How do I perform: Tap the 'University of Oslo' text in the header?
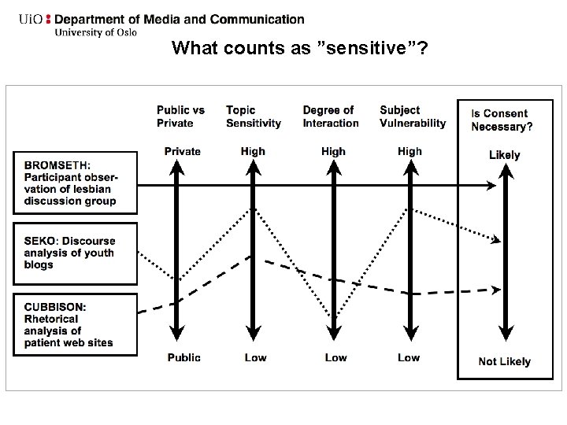point(95,32)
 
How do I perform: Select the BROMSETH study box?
point(75,183)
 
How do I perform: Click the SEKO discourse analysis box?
point(75,253)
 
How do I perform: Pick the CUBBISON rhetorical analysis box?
point(75,324)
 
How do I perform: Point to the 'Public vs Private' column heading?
point(180,116)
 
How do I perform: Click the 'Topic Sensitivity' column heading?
point(253,116)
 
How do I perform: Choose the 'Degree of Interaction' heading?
point(330,116)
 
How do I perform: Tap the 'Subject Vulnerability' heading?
point(412,116)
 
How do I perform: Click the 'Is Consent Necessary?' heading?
point(502,120)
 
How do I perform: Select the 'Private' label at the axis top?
point(182,151)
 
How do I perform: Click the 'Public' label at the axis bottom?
point(183,357)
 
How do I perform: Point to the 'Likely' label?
point(504,154)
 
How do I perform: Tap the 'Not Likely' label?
point(504,361)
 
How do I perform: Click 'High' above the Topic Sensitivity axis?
point(253,151)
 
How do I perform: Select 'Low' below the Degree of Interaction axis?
point(335,357)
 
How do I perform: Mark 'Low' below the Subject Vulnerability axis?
point(409,357)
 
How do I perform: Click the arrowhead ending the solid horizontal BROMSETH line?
point(492,186)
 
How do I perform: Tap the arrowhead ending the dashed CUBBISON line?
point(495,290)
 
